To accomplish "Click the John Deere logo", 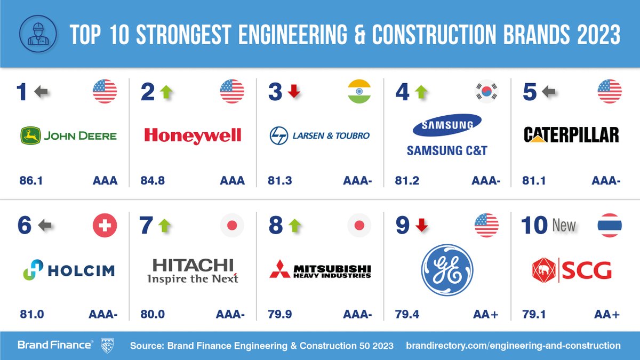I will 68,135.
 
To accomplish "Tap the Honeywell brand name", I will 193,135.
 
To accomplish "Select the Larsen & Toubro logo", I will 319,135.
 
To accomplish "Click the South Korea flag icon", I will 486,91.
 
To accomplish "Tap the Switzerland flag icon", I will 105,226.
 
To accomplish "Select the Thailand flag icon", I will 609,226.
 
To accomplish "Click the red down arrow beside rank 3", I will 293,92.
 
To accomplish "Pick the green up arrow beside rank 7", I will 165,226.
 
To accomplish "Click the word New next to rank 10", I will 564,226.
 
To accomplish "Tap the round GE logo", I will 447,270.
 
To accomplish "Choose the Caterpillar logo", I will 571,134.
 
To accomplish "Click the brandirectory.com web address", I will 513,346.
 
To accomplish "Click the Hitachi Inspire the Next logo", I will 193,270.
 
